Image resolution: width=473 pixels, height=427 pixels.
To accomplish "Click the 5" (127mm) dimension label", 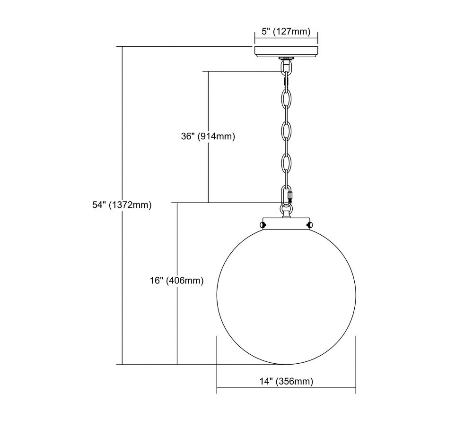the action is [x=286, y=32].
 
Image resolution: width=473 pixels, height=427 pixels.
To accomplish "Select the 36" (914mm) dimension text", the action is [x=208, y=137].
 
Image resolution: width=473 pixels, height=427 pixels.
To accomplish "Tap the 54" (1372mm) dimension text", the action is [x=122, y=205].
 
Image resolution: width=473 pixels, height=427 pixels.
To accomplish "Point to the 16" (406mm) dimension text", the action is [x=177, y=281].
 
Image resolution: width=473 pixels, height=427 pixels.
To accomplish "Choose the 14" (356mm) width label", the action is [x=286, y=382].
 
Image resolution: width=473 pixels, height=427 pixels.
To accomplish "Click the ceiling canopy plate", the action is [x=286, y=51].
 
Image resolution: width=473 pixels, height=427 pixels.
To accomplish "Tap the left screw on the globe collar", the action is [x=263, y=224].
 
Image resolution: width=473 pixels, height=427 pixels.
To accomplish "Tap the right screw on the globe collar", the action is [x=310, y=224].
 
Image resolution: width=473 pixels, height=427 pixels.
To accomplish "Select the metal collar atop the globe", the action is [x=286, y=223].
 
